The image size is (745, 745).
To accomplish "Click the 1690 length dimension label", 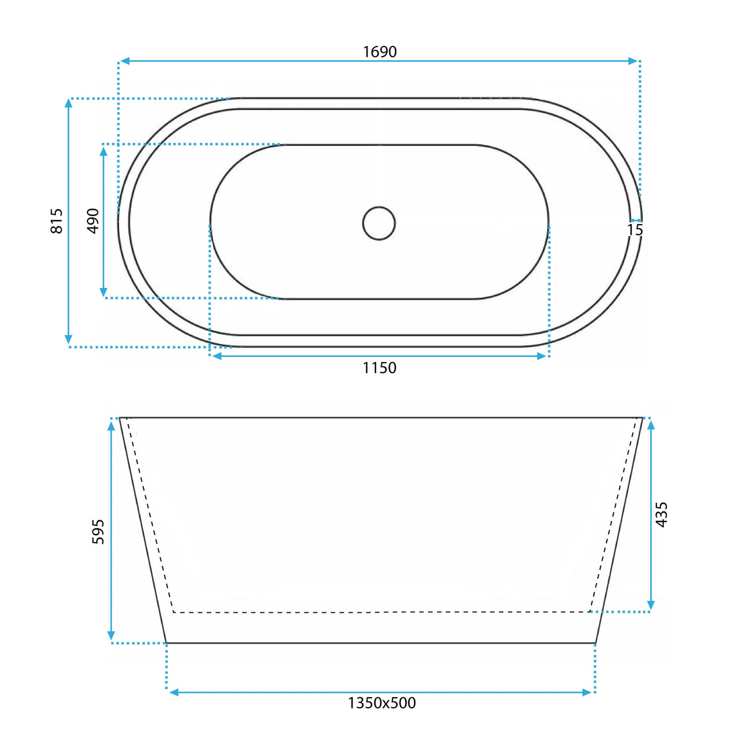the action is [380, 52].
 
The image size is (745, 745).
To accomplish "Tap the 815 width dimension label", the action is [56, 221].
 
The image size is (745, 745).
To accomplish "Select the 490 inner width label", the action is [93, 221].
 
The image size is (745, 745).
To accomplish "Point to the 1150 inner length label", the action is [379, 368].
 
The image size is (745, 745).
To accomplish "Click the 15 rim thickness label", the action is [635, 230].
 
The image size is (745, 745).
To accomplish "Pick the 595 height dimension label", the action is [98, 531].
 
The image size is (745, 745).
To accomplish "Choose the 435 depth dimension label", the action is [662, 514].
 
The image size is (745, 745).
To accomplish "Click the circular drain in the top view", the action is [379, 223].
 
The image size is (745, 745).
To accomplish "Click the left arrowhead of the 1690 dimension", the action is [125, 61].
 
